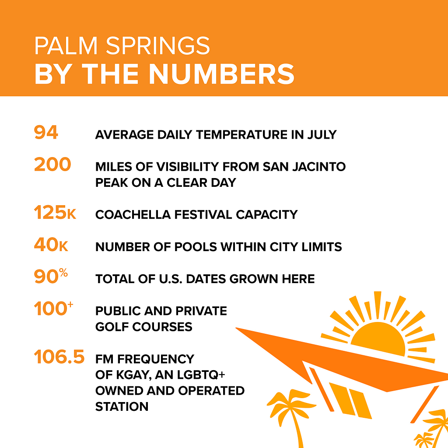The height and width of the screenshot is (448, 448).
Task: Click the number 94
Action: point(46,132)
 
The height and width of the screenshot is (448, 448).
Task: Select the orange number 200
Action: point(52,164)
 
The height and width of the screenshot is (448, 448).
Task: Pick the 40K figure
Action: point(51,245)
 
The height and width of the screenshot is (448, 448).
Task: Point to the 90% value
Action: point(51,276)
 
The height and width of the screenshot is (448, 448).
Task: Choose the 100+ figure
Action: point(54,308)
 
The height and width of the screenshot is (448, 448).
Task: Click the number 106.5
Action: point(59,357)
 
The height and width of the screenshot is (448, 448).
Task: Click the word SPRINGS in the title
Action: point(158,45)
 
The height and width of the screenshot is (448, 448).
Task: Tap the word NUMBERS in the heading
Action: point(222,74)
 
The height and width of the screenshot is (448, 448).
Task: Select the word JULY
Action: point(322,135)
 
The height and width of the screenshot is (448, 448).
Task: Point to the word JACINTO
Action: point(319,167)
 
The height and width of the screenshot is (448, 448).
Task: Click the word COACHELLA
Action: point(133,215)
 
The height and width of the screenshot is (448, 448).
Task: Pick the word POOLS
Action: point(196,247)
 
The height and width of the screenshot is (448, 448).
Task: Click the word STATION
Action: point(122,406)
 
